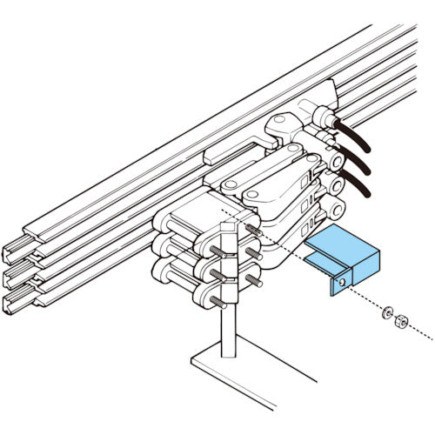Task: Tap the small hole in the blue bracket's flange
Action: pyautogui.click(x=345, y=283)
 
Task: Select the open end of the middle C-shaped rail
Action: pyautogui.click(x=16, y=278)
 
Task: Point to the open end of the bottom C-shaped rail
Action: pyautogui.click(x=16, y=303)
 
